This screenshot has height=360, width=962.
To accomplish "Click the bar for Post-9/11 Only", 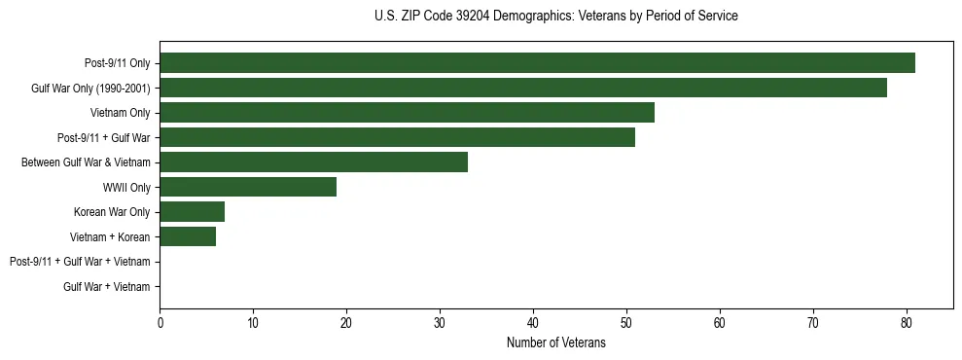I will pyautogui.click(x=537, y=63).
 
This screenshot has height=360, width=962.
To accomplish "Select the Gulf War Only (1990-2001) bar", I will pyautogui.click(x=523, y=88).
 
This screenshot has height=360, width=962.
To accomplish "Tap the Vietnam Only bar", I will pyautogui.click(x=407, y=113).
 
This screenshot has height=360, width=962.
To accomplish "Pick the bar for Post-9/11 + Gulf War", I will pyautogui.click(x=397, y=137).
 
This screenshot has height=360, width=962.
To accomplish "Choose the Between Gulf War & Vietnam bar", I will pyautogui.click(x=313, y=162).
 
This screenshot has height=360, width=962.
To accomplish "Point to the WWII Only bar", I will pyautogui.click(x=248, y=187).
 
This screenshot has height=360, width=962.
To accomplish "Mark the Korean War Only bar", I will pyautogui.click(x=192, y=212).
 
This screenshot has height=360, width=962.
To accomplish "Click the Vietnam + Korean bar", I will pyautogui.click(x=188, y=236).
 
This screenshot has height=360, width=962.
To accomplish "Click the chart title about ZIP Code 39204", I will pyautogui.click(x=555, y=16).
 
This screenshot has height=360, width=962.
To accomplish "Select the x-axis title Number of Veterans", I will pyautogui.click(x=555, y=342).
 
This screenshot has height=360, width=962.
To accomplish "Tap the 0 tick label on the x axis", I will pyautogui.click(x=160, y=323).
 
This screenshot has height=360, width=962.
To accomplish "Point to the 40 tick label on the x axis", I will pyautogui.click(x=533, y=323).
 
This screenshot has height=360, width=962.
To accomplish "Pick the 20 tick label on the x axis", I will pyautogui.click(x=346, y=323).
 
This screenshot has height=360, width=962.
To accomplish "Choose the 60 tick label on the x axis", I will pyautogui.click(x=720, y=323).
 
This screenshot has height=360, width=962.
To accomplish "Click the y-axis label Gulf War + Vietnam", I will pyautogui.click(x=107, y=287).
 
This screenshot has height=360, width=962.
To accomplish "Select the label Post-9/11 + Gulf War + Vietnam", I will pyautogui.click(x=80, y=262).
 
